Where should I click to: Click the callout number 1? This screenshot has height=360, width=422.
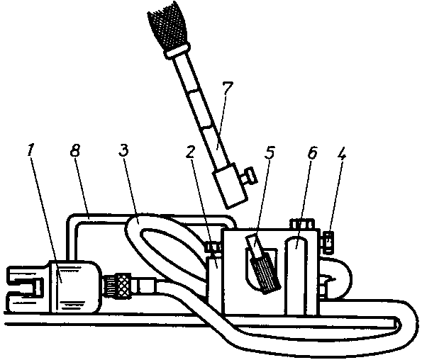[30, 150]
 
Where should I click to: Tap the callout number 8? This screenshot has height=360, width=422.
[75, 150]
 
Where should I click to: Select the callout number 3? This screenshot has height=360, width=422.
[123, 150]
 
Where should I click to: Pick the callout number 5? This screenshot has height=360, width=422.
[269, 152]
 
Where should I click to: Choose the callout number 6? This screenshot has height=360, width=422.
[312, 152]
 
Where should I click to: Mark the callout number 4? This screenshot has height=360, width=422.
[341, 152]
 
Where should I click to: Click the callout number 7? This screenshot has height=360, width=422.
[228, 87]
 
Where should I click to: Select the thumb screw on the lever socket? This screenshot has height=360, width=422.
[249, 175]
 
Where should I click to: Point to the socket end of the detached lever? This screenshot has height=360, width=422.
[230, 186]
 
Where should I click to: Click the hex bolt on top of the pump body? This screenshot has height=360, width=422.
[302, 224]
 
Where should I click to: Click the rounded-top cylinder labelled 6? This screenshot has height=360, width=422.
[296, 275]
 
